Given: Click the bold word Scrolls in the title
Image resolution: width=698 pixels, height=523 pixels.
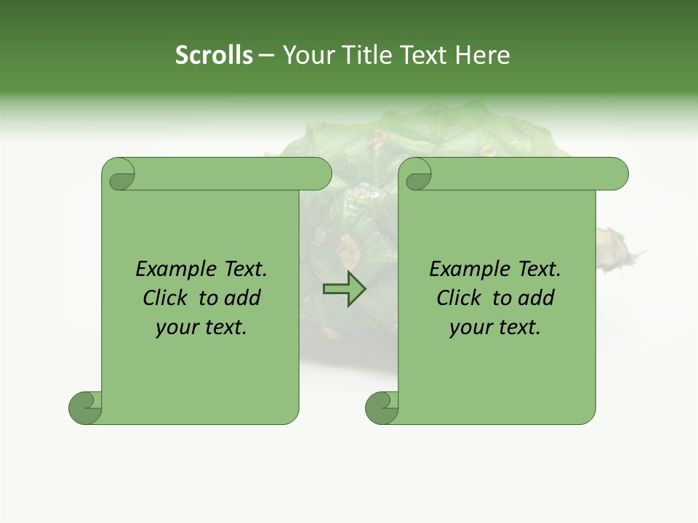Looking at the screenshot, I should click(x=214, y=55).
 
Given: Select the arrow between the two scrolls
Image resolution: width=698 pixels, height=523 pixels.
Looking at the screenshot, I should click(x=344, y=289).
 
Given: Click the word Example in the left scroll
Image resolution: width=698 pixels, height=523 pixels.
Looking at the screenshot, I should click(x=169, y=269).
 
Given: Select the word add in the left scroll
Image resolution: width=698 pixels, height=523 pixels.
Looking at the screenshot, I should click(x=244, y=298).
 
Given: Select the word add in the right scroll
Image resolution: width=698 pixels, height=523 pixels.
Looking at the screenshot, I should click(x=537, y=298).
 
